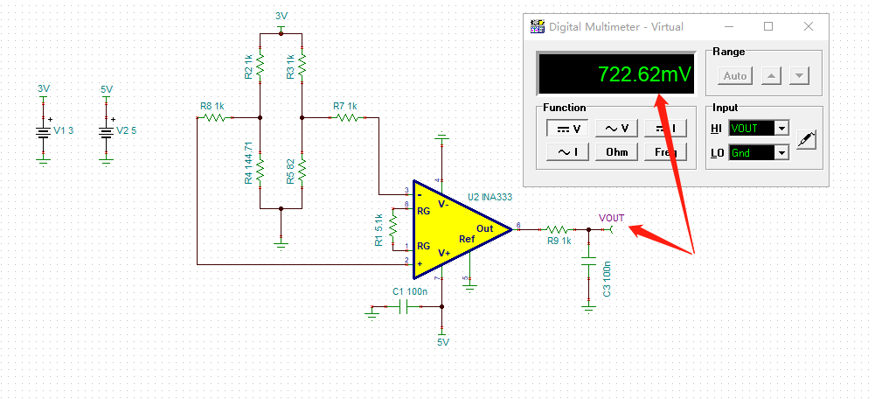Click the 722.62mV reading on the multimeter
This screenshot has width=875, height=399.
(x=643, y=75)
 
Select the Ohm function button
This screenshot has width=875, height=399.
(x=617, y=152)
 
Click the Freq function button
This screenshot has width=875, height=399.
(x=665, y=152)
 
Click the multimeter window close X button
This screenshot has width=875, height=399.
(x=808, y=26)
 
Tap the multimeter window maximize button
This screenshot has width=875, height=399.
(x=768, y=26)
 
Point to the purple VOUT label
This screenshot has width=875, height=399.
(x=611, y=217)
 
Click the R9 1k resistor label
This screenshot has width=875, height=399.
(x=559, y=241)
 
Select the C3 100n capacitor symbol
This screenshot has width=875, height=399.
(x=589, y=260)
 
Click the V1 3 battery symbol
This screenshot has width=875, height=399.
(x=43, y=131)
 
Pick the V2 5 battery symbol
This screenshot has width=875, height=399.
(x=106, y=131)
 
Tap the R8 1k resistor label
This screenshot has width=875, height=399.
(x=212, y=106)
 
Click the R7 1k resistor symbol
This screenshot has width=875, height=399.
(x=345, y=117)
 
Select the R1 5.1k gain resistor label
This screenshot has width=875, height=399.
(x=378, y=229)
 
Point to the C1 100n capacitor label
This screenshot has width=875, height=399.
(x=410, y=291)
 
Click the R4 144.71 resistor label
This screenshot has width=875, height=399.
(x=249, y=163)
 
